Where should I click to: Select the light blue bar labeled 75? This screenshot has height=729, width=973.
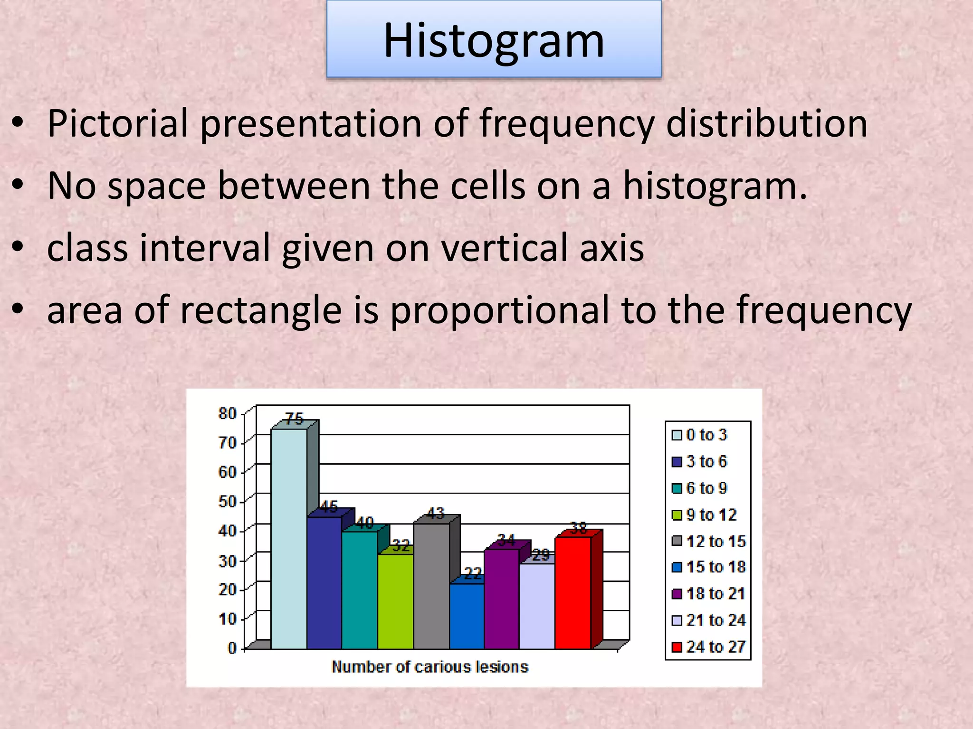point(289,539)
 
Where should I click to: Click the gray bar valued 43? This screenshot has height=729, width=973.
point(431,586)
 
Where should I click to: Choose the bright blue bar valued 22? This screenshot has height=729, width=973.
point(467,616)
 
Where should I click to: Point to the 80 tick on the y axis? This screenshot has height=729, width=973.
point(228,414)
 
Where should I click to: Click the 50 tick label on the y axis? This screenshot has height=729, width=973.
point(228,502)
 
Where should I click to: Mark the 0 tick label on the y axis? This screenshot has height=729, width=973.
point(232,648)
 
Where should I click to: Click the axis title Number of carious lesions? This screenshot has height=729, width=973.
point(430,667)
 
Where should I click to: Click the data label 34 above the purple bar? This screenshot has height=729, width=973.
point(506,540)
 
